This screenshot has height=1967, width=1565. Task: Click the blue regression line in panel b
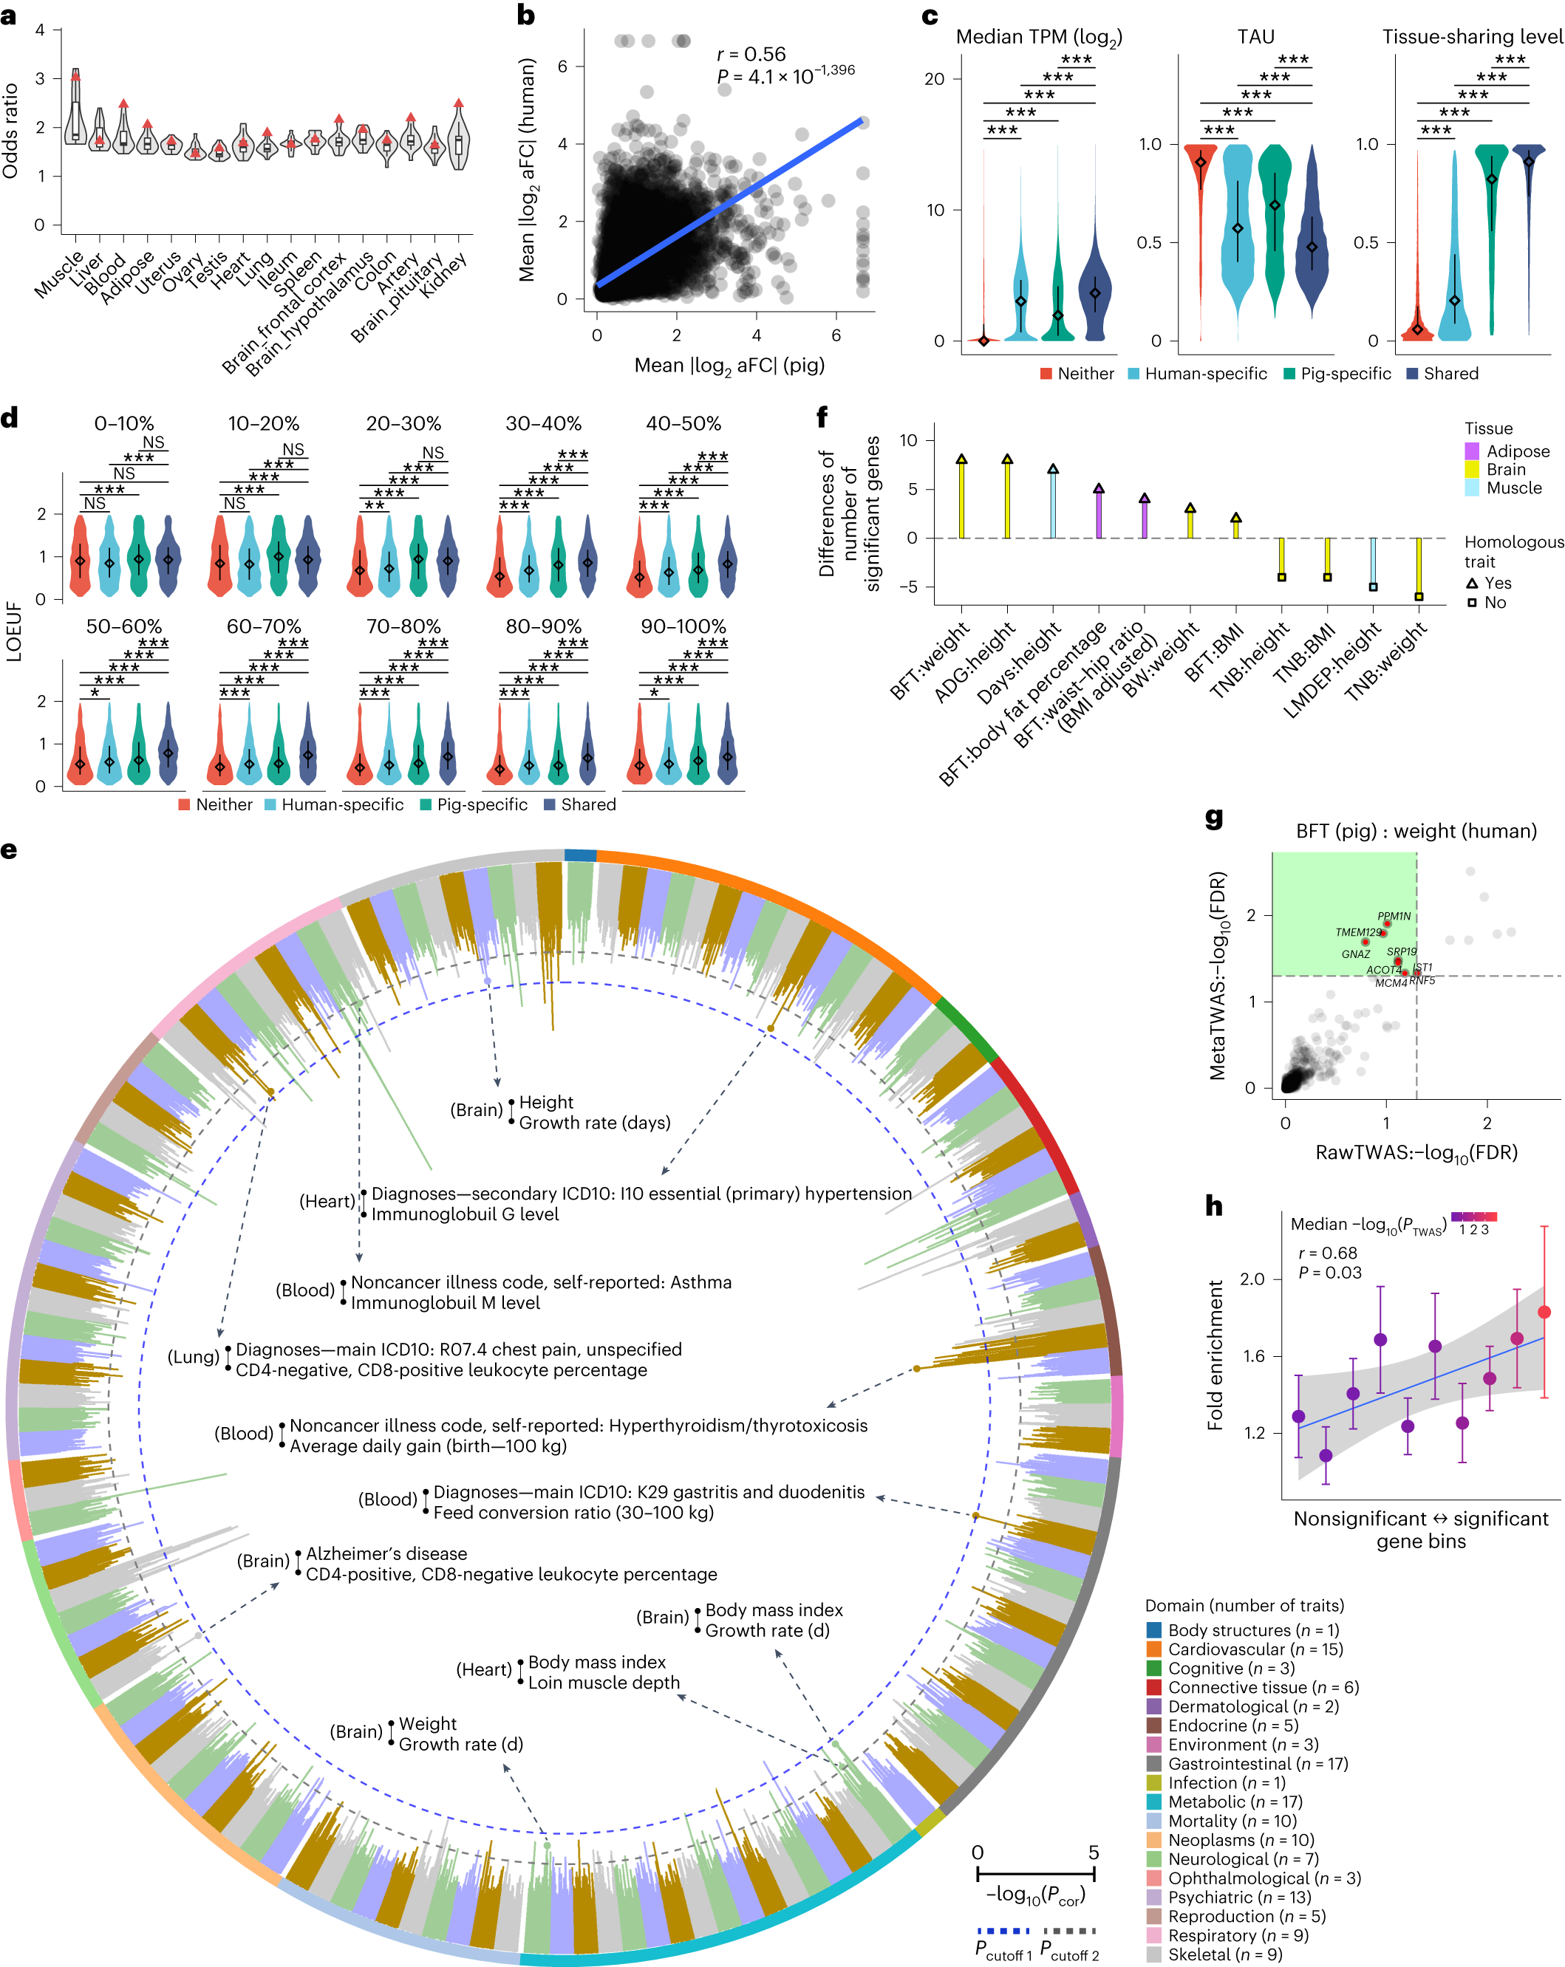(730, 202)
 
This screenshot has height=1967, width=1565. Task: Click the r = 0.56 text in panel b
(751, 55)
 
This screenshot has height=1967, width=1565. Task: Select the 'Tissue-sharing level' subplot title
(1472, 36)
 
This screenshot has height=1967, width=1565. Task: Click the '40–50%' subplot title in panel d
(683, 423)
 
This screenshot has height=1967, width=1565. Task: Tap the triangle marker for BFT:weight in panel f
(961, 459)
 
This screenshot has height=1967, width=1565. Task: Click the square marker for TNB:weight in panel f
(1419, 597)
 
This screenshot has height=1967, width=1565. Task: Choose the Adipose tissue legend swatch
(1472, 451)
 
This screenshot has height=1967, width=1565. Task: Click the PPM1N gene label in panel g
(1394, 916)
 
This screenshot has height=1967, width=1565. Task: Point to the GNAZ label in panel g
(1355, 954)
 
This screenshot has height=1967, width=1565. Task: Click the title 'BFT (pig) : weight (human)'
(1416, 831)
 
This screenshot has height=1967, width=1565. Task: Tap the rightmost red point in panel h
(1544, 1312)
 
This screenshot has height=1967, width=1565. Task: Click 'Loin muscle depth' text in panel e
(603, 1683)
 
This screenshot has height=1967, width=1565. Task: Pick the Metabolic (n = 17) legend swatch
(1154, 1802)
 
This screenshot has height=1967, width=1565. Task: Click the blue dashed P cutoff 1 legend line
(1003, 1932)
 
